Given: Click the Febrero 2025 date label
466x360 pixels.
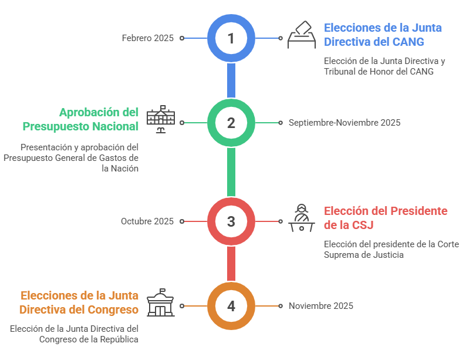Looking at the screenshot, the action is [148, 38].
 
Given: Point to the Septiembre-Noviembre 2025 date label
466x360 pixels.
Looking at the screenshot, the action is [345, 123].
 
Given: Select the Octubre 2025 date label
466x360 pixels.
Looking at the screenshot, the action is [147, 221].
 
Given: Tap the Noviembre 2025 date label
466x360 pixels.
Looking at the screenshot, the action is [321, 305].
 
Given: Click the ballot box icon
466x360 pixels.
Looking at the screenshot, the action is [301, 35].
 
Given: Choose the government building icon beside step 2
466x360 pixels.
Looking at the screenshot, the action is [161, 119].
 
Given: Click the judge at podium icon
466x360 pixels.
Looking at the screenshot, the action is [301, 218].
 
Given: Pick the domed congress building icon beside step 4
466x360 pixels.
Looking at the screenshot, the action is [161, 302].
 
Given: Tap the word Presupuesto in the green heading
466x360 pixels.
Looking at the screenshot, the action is [56, 126].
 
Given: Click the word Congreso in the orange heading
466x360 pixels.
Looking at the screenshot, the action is [113, 309].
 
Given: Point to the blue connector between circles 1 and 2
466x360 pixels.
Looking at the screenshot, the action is [231, 80].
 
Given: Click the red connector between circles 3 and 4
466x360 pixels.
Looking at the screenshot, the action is [231, 264].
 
